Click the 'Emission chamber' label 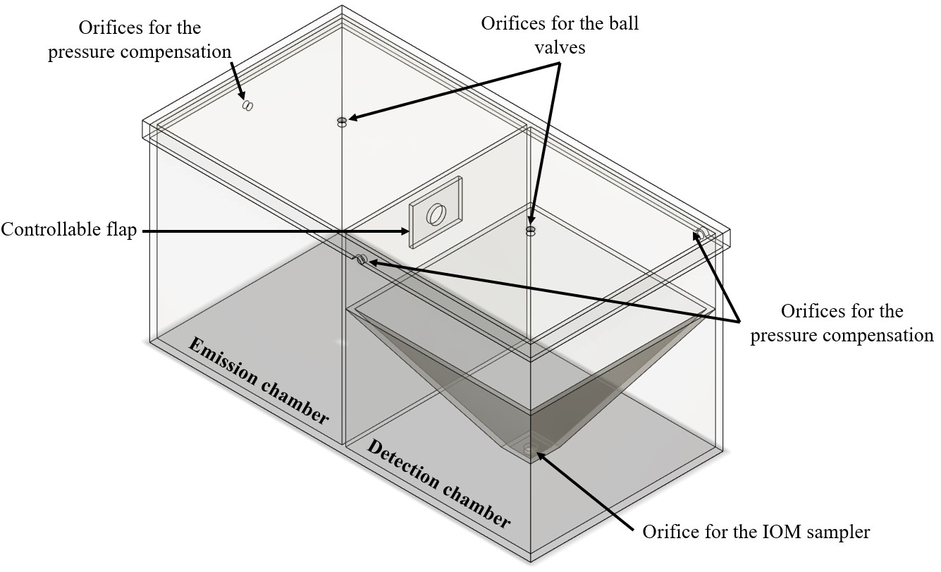click(259, 382)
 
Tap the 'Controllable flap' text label click(68, 231)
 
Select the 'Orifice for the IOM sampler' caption click(756, 532)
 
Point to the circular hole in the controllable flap click(437, 213)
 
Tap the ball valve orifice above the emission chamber click(342, 122)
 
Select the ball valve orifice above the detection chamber click(531, 231)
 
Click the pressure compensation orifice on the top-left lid click(247, 105)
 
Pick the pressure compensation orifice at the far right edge click(703, 233)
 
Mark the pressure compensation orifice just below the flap click(361, 260)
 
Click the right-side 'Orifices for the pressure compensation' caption click(842, 324)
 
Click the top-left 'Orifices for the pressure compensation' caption click(140, 39)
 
